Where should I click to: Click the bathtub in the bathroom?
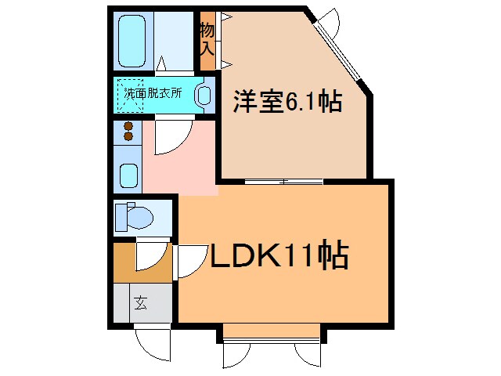(x=134, y=40)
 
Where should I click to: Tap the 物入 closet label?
(x=207, y=40)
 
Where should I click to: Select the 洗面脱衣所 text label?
(x=153, y=92)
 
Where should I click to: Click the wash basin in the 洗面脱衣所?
(x=203, y=96)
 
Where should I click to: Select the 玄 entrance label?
(x=139, y=302)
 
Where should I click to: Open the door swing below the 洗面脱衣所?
(x=168, y=134)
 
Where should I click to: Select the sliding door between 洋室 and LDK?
(x=283, y=182)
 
